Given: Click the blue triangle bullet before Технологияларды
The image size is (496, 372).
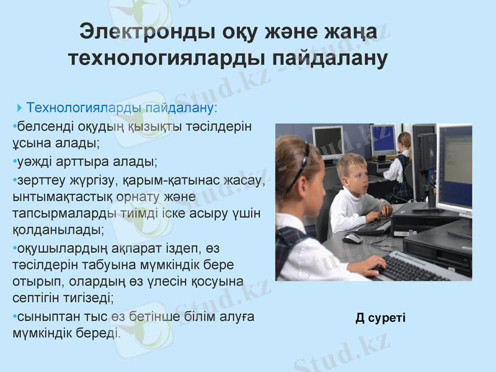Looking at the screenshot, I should tap(22, 107).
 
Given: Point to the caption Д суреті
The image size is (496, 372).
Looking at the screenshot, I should tap(381, 318).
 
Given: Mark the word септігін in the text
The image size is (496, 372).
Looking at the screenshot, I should tap(37, 297).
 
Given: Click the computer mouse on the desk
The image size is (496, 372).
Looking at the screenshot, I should tap(352, 237).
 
